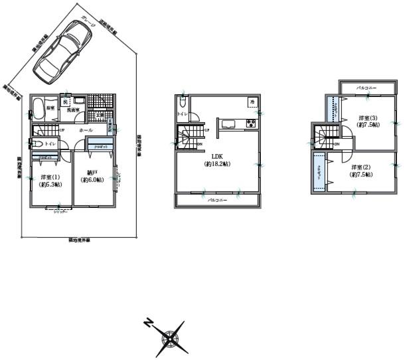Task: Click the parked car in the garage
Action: (62, 50)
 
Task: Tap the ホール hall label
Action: (86, 131)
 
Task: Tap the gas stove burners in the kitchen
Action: (252, 124)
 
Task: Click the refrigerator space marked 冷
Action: (252, 102)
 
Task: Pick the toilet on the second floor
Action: (183, 103)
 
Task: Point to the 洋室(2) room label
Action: (362, 170)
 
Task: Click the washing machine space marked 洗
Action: (66, 102)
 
